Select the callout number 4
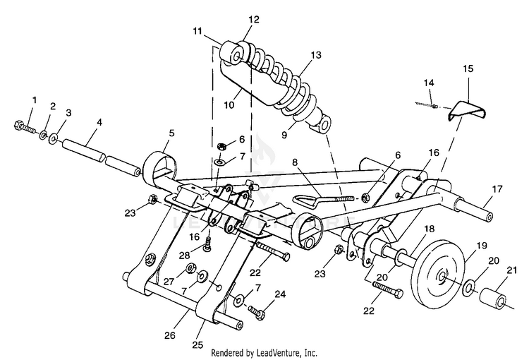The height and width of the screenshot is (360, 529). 99,122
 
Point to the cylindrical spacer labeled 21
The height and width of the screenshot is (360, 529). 494,297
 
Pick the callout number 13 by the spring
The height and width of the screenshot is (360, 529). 316,55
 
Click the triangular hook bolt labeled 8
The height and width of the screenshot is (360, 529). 322,199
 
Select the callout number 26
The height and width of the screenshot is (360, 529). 170,335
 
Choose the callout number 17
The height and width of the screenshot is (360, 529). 497,188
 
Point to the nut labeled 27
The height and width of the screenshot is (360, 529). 190,268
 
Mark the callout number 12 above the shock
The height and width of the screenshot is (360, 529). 254,19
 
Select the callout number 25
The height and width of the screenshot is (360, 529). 198,344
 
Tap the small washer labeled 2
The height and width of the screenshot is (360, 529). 43,135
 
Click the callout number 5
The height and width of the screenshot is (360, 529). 171,133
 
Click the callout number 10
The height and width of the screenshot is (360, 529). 229,104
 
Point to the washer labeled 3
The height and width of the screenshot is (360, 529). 54,138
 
